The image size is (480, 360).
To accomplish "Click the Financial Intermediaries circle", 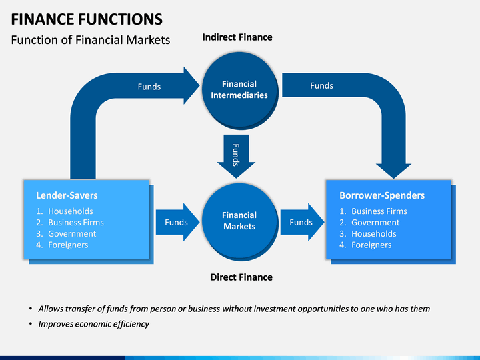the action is click(240, 90).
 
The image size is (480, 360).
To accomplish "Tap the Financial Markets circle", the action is click(240, 221).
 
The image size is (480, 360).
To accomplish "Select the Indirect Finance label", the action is click(237, 37).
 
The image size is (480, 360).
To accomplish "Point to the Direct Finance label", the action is click(241, 277).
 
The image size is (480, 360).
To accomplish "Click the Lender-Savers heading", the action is click(67, 195).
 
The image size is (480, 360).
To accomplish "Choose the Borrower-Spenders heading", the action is click(382, 195).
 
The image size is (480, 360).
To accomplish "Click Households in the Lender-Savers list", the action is click(71, 211).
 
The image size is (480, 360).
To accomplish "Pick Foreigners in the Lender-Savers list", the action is click(68, 245).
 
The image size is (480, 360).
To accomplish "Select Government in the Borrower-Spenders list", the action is click(375, 223).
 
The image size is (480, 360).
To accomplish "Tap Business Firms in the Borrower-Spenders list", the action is click(379, 211).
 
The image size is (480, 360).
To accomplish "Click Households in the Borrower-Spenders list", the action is click(374, 234).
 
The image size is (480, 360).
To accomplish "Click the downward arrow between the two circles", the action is click(236, 156).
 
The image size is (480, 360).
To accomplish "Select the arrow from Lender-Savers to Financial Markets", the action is click(177, 222).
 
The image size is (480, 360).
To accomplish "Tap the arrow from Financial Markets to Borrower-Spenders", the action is click(302, 222).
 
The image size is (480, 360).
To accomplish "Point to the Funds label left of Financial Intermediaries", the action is click(149, 87).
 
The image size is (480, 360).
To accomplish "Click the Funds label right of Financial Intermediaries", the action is click(321, 86).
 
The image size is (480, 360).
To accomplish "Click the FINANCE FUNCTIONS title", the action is click(87, 19).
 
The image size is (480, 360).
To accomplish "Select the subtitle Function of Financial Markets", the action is click(91, 40).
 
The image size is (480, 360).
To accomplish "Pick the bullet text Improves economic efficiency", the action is click(94, 324).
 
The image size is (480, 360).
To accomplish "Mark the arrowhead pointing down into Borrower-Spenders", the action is click(394, 171).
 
